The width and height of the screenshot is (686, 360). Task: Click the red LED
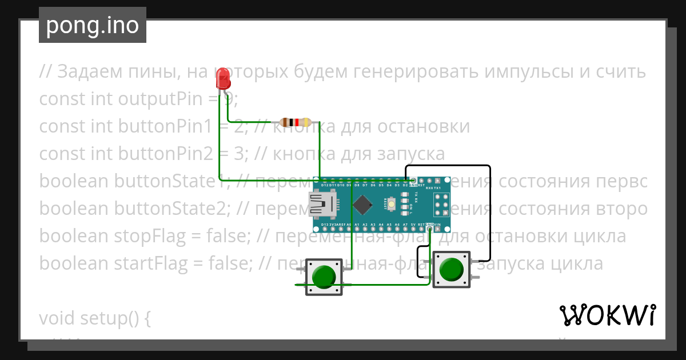tap(223, 78)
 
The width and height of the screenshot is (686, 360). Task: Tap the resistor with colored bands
tap(295, 122)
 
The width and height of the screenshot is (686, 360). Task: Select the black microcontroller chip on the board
tap(362, 205)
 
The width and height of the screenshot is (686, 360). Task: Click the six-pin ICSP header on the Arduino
tap(441, 205)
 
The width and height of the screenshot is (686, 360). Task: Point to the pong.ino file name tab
tap(92, 26)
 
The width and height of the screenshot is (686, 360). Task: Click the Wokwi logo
tap(607, 315)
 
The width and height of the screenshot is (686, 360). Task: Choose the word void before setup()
tap(58, 318)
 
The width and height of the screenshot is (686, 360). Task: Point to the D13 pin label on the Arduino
tap(325, 225)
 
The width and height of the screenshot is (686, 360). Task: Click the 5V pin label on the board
tap(413, 225)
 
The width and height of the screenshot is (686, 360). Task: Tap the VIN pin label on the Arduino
tap(437, 225)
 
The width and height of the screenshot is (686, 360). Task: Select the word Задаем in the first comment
tap(90, 72)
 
